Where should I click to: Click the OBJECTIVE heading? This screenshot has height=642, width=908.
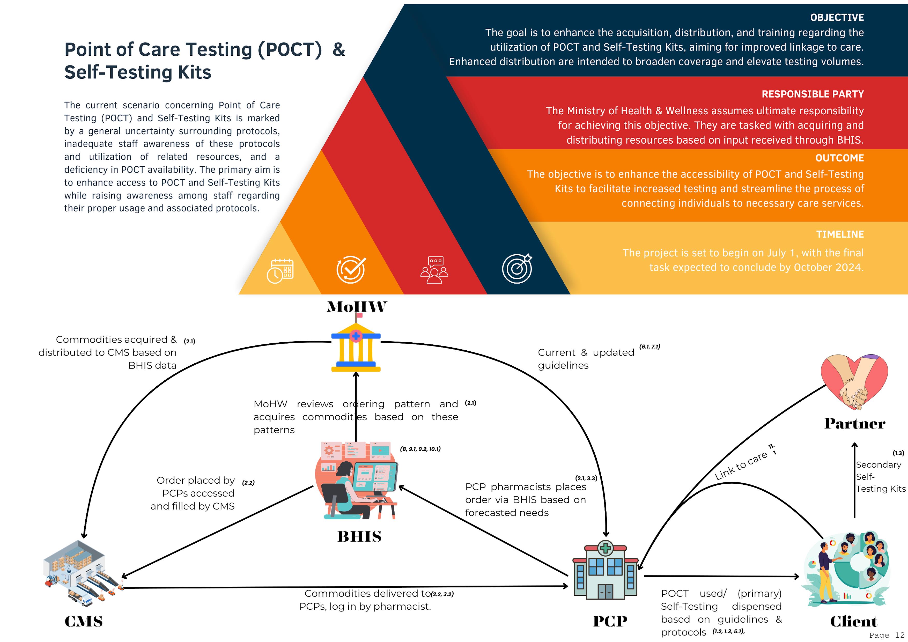tap(837, 17)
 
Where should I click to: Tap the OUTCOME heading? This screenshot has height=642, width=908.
tap(839, 158)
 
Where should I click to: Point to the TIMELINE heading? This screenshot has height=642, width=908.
tap(840, 234)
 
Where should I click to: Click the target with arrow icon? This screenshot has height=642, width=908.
tap(517, 269)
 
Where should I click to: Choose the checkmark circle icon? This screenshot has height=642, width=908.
tap(351, 270)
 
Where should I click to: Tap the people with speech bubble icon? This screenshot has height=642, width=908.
tap(434, 270)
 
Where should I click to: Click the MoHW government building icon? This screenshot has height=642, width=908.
tap(356, 348)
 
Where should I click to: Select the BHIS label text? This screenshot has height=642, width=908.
tap(359, 536)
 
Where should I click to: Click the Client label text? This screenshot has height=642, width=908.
tap(853, 622)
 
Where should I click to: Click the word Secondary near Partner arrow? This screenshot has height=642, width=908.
tap(878, 464)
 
